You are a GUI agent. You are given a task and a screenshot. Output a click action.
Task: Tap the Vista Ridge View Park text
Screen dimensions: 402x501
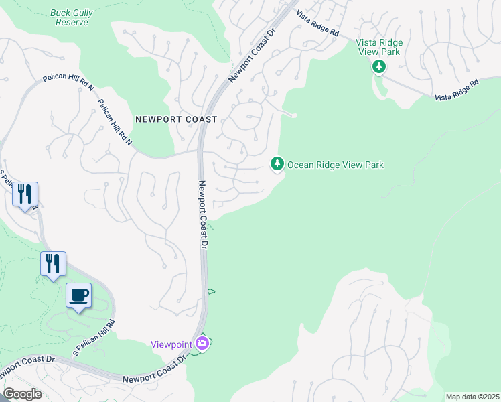pos(379,47)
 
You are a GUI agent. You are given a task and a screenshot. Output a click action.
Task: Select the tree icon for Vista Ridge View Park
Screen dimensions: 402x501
pos(379,66)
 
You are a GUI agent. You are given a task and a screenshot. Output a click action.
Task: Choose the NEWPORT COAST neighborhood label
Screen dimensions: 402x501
pos(176,119)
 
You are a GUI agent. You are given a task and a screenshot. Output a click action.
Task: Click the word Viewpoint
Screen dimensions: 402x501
pos(171,344)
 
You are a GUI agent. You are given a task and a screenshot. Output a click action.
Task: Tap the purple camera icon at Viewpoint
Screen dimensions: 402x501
pos(203,344)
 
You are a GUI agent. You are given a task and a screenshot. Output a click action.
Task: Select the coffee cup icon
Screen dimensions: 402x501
pos(78,295)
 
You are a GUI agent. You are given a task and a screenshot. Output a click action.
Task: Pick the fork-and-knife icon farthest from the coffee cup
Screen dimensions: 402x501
pos(25,194)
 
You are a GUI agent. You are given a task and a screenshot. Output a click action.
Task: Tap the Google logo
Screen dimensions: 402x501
pos(22,394)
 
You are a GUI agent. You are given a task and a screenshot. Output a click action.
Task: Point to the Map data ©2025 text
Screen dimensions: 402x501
pos(472,397)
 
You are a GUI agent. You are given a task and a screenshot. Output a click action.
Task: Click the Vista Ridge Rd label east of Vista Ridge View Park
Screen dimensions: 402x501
pos(457,90)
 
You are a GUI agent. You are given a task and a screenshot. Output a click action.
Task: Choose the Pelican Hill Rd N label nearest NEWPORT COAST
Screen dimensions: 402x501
pos(115,123)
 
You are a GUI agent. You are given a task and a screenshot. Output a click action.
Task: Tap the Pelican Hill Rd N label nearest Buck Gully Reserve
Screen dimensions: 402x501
pos(68,80)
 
